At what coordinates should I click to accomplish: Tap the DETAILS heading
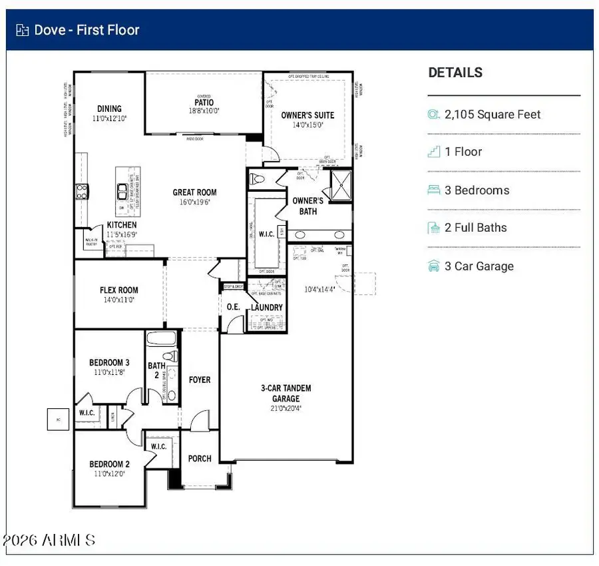point(455,73)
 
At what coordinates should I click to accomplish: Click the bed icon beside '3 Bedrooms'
point(434,190)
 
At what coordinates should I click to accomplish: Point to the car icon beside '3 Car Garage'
point(434,266)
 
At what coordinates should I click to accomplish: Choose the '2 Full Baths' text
point(475,228)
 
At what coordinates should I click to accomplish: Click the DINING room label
point(109,109)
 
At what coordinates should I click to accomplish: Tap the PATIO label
point(204,103)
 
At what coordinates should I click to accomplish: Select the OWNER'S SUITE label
point(307,115)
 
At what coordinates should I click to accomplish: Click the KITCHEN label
point(122,225)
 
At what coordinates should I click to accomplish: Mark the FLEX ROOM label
point(119,290)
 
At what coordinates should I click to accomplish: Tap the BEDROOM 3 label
point(109,363)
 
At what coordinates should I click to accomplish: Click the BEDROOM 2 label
point(109,464)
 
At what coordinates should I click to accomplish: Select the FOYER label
point(200,380)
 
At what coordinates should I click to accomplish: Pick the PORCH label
point(200,458)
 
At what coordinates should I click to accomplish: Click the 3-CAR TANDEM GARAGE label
point(286,393)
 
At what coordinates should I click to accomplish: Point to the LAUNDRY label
point(266,308)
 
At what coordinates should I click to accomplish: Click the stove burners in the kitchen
point(81,192)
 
